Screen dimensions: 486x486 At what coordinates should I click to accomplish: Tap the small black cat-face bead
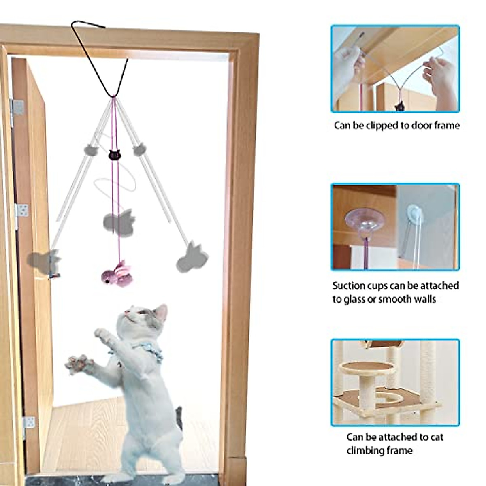tap(114, 154)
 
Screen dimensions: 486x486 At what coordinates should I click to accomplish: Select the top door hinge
tap(17, 107)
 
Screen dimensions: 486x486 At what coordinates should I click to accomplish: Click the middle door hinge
tap(22, 211)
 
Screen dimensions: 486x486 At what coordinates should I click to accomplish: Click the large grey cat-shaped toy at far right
tap(192, 258)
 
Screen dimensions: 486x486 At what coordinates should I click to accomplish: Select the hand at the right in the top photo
tap(442, 75)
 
